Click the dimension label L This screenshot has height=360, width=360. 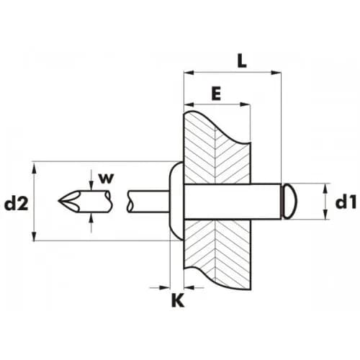(x=242, y=60)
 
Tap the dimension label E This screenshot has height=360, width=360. (x=216, y=94)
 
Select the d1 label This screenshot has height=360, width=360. (x=346, y=203)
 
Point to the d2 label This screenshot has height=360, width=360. (x=17, y=204)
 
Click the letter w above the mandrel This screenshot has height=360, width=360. (x=106, y=179)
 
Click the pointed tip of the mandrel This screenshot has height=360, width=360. (x=59, y=200)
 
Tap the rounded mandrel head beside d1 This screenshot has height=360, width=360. (x=289, y=202)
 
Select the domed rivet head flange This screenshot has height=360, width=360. (x=176, y=201)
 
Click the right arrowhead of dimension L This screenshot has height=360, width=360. (x=276, y=73)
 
